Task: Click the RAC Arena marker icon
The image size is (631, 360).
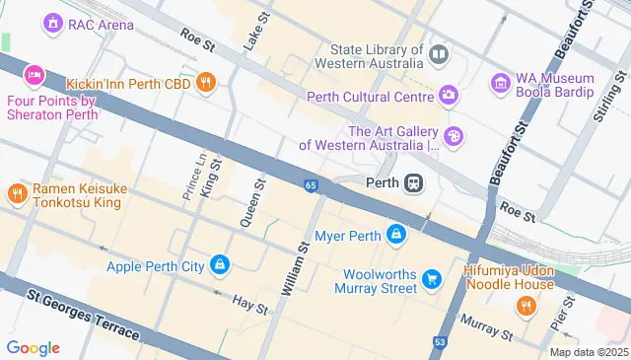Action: coord(51,23)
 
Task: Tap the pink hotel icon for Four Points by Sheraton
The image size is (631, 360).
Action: coord(35,75)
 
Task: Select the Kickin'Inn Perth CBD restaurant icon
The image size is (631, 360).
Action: coord(206,82)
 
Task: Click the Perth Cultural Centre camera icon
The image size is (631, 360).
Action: coord(450,96)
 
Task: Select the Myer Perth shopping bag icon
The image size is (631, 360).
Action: coord(395,235)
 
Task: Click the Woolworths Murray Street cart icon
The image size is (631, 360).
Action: coord(431,280)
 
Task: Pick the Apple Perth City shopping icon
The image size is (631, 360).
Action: coord(220,265)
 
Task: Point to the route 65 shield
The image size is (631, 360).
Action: coord(311,185)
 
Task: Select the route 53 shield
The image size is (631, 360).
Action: coord(440,343)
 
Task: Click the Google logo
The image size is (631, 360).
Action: coord(33,347)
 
